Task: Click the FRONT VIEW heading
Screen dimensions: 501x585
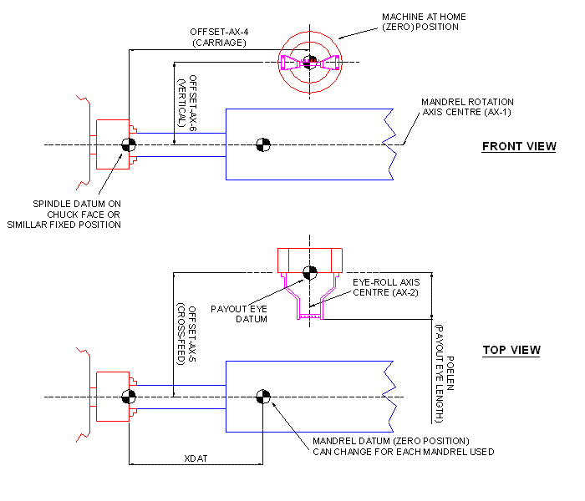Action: point(518,147)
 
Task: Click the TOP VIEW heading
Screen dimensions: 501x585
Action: point(511,350)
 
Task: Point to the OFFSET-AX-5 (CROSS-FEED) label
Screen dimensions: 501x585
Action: point(186,334)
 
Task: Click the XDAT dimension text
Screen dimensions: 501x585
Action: point(196,458)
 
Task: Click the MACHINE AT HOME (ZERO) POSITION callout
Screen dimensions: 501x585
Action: point(424,22)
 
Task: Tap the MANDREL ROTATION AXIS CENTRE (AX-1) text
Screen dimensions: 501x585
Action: point(467,108)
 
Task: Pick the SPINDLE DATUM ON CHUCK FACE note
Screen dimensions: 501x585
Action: point(77,214)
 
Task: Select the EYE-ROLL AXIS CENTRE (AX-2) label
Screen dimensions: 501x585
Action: point(385,287)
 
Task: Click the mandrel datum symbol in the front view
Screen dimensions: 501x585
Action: point(262,144)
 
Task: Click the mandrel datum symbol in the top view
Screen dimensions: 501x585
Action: point(262,397)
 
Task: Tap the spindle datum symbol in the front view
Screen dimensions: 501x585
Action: point(129,144)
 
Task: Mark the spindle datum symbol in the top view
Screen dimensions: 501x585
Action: point(129,397)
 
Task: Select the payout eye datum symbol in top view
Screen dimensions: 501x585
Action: point(309,271)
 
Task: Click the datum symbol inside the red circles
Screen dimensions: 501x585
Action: point(309,61)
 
